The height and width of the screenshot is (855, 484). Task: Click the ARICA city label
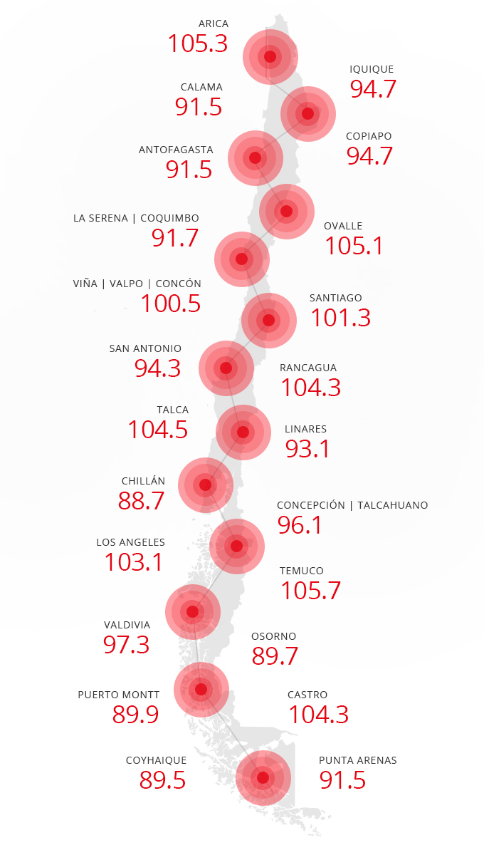(214, 24)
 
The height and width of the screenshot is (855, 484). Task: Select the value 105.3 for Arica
(197, 44)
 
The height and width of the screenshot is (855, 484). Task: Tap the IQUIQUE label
(372, 70)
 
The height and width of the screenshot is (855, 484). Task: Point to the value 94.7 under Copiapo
(369, 156)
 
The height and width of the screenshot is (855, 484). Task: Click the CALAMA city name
(201, 88)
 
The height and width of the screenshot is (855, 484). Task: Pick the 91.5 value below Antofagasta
(189, 170)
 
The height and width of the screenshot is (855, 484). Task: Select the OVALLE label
(343, 227)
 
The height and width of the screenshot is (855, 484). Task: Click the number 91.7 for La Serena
(175, 238)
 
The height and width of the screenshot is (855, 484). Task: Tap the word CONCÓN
(178, 284)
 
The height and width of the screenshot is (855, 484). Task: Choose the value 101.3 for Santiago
(340, 318)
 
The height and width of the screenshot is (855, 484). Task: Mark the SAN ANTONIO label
(145, 349)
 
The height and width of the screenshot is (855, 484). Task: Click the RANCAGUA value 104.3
(310, 388)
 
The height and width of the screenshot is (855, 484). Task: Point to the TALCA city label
(173, 410)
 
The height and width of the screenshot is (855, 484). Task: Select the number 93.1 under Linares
(307, 449)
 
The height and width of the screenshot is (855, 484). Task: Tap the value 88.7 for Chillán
(141, 501)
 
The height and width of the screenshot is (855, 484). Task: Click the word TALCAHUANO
(393, 506)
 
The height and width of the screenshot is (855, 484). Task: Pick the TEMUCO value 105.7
(310, 591)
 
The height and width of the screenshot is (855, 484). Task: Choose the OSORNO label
(274, 637)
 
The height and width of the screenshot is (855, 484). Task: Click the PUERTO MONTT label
(119, 695)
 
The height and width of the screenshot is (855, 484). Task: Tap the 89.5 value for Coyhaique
(162, 780)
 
